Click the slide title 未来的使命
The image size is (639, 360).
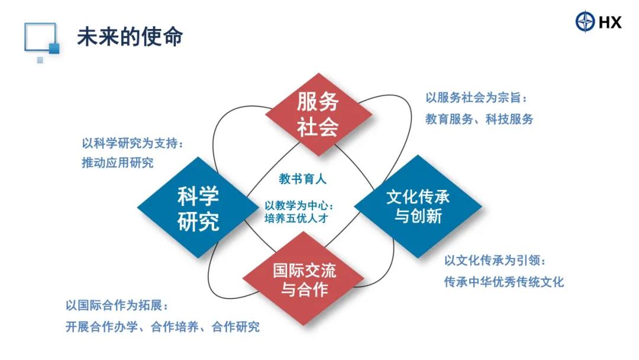point(130,37)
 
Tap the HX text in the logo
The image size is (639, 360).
point(610,22)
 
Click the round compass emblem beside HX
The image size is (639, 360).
point(585,21)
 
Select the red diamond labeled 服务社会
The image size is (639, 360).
point(318,114)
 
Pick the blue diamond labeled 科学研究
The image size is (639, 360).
point(198,207)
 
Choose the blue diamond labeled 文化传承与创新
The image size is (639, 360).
point(418,206)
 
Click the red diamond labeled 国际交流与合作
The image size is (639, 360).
point(304,279)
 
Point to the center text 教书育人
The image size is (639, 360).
point(302,179)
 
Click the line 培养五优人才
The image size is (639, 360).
point(296,218)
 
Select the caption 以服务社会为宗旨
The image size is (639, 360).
point(476,98)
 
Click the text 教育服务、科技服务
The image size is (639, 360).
point(479,119)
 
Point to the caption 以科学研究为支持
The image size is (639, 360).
point(133,143)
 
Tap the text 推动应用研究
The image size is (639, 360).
point(118,163)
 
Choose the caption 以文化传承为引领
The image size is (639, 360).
point(495,261)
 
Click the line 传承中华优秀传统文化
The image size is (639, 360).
point(504,282)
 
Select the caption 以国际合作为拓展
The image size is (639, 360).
point(117,306)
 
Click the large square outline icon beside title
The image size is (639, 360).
point(40,37)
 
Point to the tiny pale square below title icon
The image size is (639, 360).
point(40,60)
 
